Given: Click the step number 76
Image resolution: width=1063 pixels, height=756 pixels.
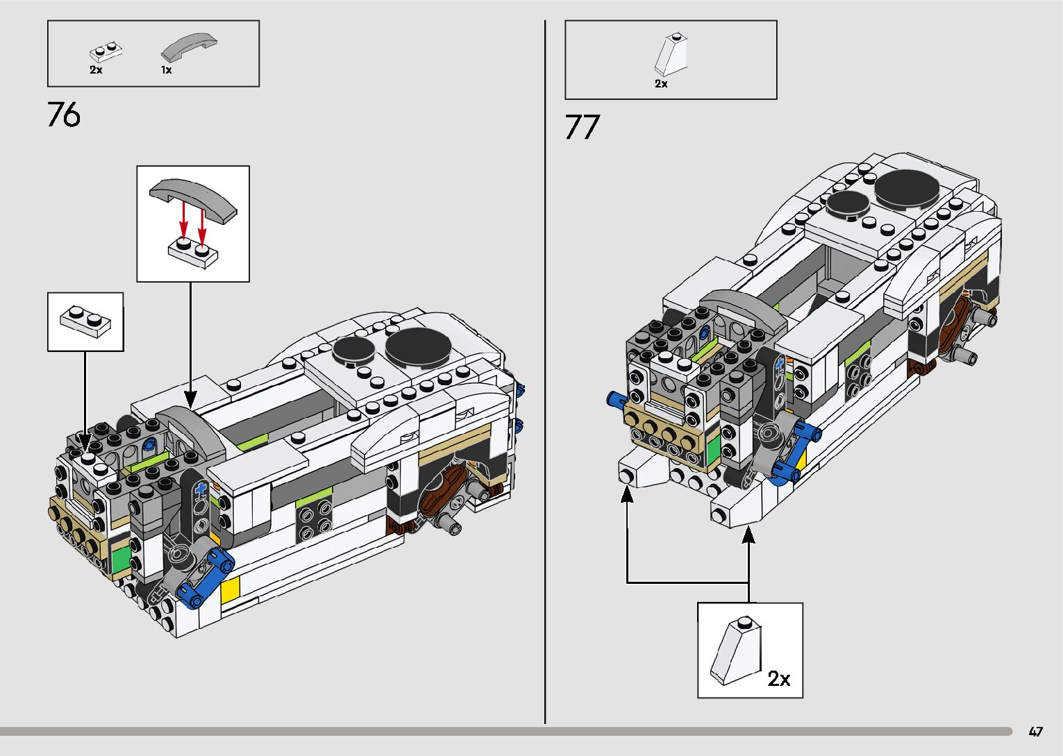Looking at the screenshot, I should [64, 115].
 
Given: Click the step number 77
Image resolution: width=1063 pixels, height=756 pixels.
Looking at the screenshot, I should [582, 128].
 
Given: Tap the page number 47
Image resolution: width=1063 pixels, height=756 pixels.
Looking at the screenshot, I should [1036, 732].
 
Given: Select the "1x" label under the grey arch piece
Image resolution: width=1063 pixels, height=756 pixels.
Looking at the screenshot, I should [167, 70].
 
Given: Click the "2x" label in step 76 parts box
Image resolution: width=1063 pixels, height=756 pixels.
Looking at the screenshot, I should [96, 70].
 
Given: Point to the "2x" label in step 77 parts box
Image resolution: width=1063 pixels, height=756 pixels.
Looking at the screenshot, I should [661, 83].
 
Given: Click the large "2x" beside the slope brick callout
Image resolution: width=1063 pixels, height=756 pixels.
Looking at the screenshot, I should [779, 678].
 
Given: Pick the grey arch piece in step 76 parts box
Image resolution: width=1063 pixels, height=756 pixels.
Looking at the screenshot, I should [189, 47].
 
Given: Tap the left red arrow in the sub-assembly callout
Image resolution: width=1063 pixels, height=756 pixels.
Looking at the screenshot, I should [183, 220].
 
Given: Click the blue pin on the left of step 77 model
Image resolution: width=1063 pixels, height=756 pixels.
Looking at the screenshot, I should [615, 399].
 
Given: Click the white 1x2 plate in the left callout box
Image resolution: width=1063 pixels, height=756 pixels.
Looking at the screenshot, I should [85, 321].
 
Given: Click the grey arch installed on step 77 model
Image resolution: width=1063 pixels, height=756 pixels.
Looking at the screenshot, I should [742, 305].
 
